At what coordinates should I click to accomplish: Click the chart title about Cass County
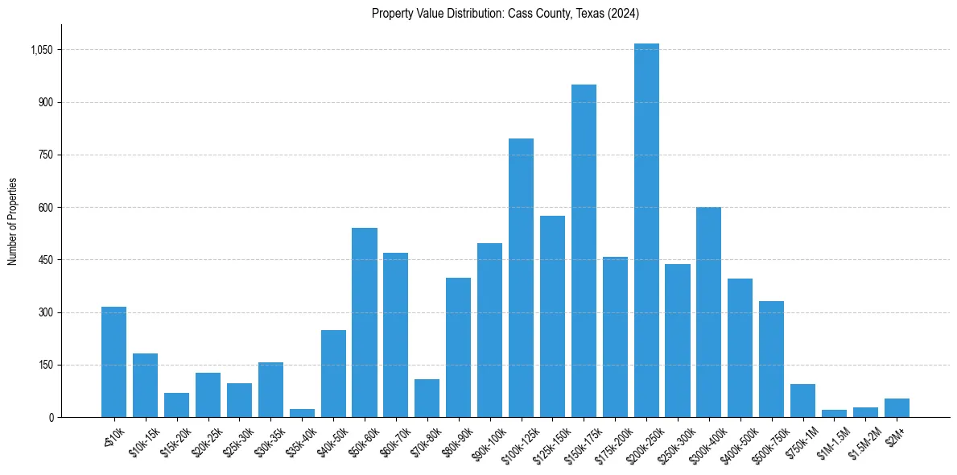(x=505, y=14)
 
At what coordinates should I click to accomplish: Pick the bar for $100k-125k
(x=521, y=278)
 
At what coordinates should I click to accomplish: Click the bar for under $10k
(x=113, y=362)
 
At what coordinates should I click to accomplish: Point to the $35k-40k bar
(x=302, y=413)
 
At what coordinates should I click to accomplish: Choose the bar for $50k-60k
(x=365, y=322)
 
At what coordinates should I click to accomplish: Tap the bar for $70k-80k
(x=427, y=399)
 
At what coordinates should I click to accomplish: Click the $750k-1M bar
(x=802, y=401)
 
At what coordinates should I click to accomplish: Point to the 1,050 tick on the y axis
(x=41, y=50)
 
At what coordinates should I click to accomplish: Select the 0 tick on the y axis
(x=51, y=418)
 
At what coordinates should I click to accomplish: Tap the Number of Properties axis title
(x=12, y=221)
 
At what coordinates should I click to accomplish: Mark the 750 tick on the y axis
(x=45, y=155)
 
